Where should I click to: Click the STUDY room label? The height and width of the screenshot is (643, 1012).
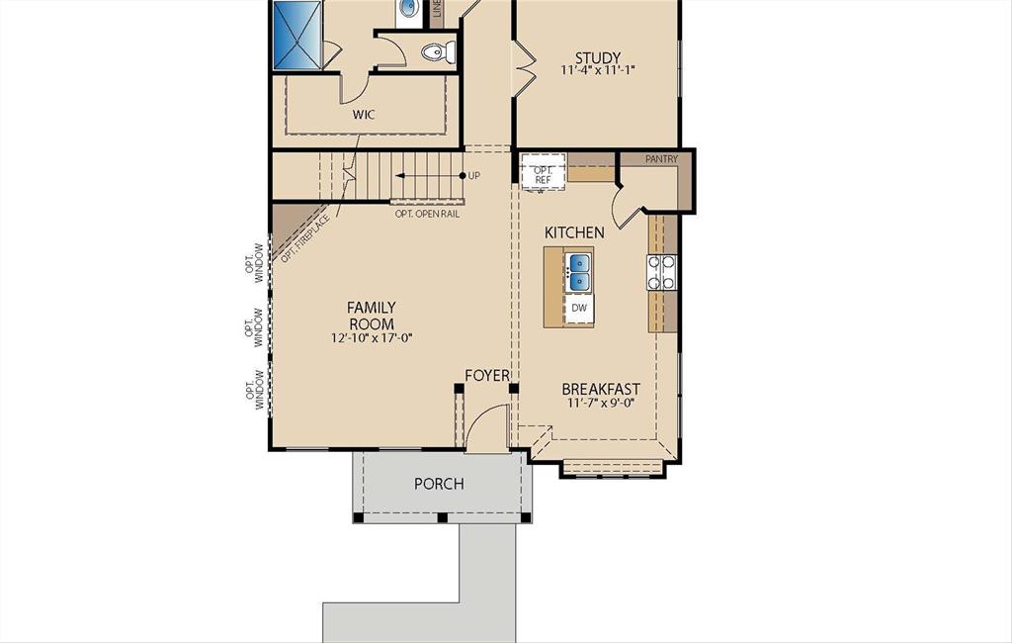click(x=597, y=57)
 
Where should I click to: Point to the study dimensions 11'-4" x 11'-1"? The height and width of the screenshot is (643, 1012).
click(x=597, y=71)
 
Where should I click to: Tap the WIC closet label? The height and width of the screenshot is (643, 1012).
click(x=364, y=115)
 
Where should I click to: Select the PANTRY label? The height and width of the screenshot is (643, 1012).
click(x=661, y=159)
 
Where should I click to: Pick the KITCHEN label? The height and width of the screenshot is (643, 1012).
click(x=574, y=232)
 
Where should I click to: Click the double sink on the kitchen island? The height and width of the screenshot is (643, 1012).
click(x=578, y=270)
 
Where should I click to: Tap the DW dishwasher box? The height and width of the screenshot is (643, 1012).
click(x=579, y=309)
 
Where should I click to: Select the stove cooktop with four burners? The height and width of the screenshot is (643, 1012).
click(x=661, y=272)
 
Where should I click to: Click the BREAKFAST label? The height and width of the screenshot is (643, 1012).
click(x=601, y=389)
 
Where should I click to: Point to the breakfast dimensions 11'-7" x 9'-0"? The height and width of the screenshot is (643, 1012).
click(x=601, y=404)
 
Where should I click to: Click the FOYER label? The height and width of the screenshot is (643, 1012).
click(x=487, y=376)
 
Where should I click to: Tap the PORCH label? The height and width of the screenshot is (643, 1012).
click(x=439, y=484)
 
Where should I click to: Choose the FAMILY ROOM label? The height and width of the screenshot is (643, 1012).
click(x=371, y=317)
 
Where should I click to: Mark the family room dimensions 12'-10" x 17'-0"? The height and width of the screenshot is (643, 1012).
click(x=371, y=338)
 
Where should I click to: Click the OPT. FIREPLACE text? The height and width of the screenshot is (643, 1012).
click(x=304, y=237)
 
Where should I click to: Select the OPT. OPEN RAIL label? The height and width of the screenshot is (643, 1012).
click(x=427, y=214)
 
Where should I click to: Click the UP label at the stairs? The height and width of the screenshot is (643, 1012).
click(x=474, y=176)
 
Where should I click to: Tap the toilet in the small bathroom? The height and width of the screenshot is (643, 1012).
click(x=437, y=51)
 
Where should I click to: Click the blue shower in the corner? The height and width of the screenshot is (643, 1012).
click(x=297, y=34)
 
